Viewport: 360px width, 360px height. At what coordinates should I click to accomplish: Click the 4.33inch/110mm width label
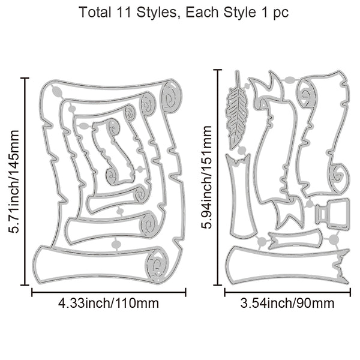[x=109, y=303]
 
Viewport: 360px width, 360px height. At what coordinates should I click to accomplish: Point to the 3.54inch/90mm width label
[x=287, y=303]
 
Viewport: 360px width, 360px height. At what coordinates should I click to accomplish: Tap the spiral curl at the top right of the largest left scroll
[x=170, y=97]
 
